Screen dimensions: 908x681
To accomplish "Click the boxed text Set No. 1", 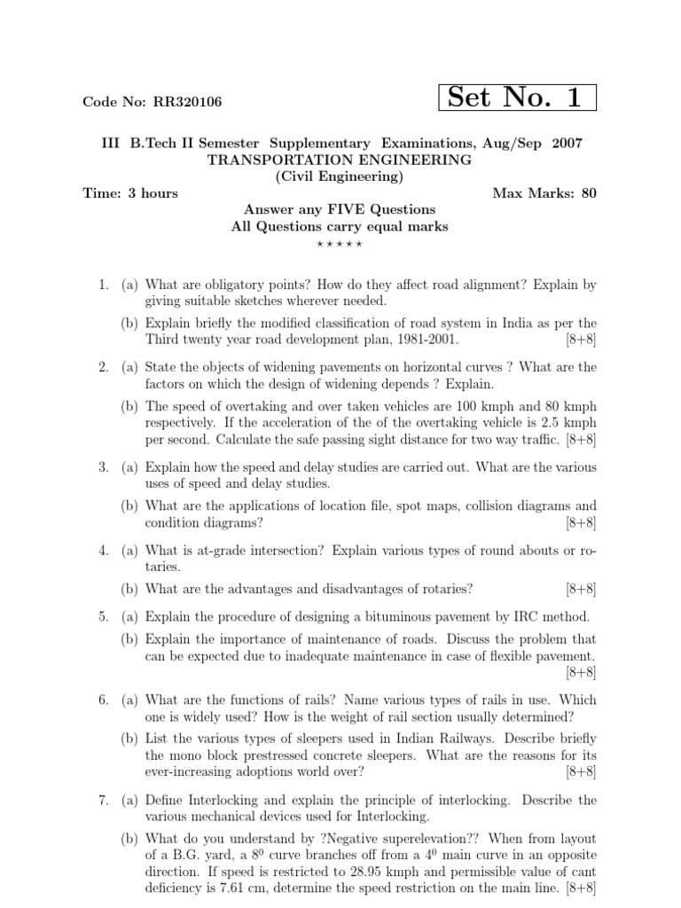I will pyautogui.click(x=517, y=98).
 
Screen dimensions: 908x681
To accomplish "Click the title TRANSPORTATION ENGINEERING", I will pyautogui.click(x=340, y=160).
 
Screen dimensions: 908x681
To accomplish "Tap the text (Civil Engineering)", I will pyautogui.click(x=340, y=176).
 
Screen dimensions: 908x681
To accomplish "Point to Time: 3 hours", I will pyautogui.click(x=130, y=193).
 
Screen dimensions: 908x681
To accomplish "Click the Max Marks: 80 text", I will pyautogui.click(x=544, y=193).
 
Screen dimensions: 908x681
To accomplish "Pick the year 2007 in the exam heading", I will pyautogui.click(x=567, y=143).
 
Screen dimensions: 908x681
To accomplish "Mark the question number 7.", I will pyautogui.click(x=103, y=801).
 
